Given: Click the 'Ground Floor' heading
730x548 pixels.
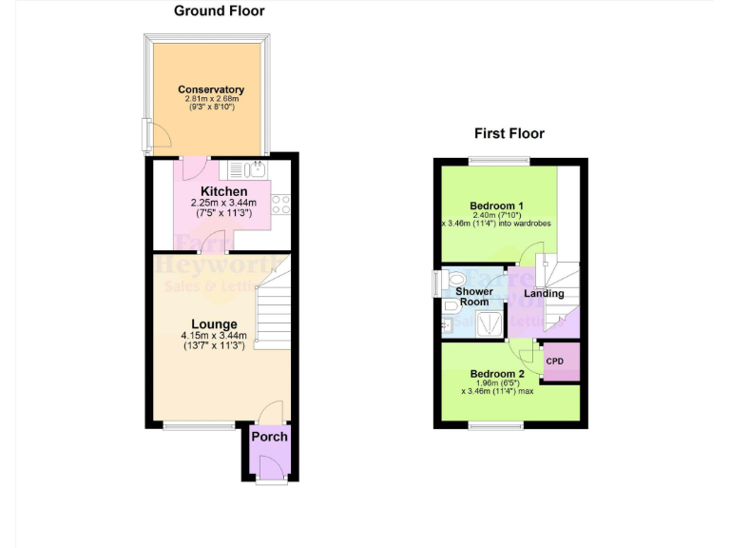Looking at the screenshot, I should [219, 11].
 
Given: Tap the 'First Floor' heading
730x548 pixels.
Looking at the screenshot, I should [509, 134].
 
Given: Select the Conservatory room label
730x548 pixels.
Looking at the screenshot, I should [211, 90].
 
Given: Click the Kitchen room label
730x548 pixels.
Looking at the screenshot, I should [223, 191].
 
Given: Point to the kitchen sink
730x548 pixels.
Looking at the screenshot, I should [254, 170].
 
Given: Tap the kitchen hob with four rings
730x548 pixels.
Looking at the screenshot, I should [281, 204].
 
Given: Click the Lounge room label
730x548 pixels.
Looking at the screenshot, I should [213, 324].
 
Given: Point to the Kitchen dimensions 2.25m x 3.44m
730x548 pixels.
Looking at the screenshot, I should [224, 203].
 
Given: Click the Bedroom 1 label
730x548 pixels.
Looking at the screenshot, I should [497, 205].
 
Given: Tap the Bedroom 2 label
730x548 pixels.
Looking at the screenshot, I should [497, 374].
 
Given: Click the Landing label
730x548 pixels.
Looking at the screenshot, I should [544, 294].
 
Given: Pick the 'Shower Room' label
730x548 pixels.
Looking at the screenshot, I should [474, 297].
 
